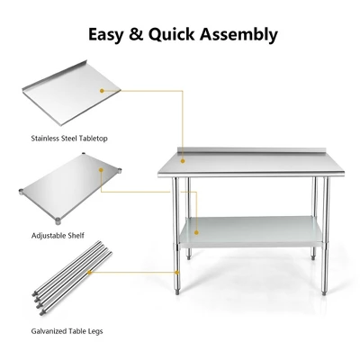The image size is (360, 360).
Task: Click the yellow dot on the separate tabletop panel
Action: [103, 90]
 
